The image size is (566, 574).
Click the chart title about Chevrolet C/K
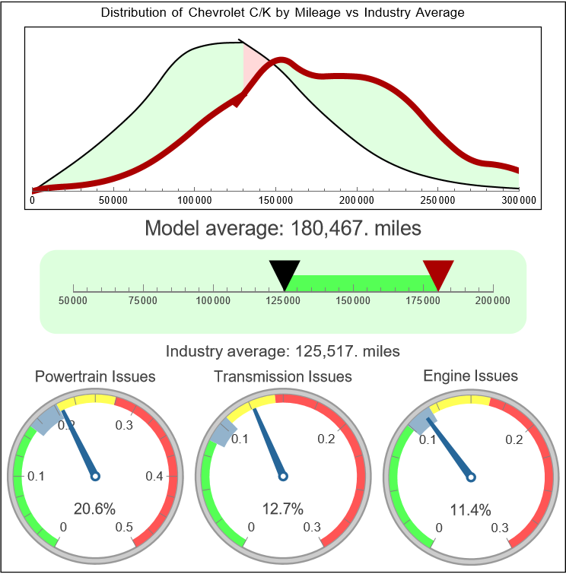point(282,13)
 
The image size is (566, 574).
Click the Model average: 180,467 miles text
point(282,228)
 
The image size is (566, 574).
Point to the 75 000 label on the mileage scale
point(143,301)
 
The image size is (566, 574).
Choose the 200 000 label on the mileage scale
point(494,301)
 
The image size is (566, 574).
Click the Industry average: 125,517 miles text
point(282,351)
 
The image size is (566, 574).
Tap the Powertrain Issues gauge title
point(95,376)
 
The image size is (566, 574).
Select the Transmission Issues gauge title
point(283,376)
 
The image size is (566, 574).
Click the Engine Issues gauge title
point(470,376)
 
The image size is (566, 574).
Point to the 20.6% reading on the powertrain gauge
point(95,509)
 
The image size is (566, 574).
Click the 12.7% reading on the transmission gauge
point(283,509)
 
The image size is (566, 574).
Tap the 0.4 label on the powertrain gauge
point(155,477)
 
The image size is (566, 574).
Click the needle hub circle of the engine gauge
point(470,477)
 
